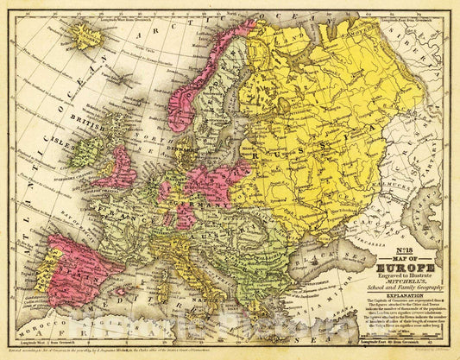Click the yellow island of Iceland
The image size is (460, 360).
click(86, 35)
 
